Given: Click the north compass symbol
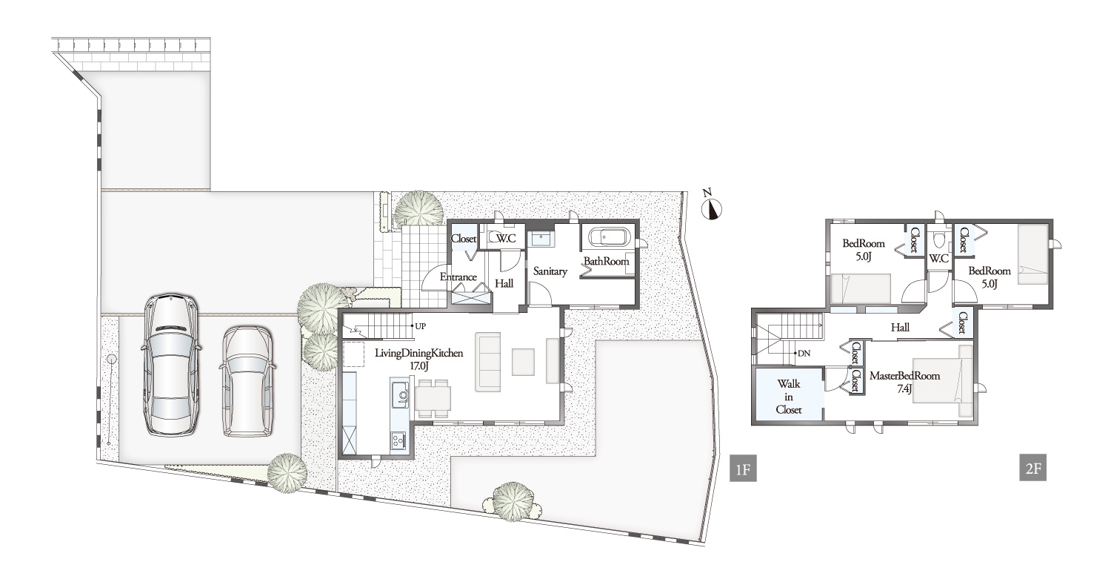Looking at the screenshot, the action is pyautogui.click(x=711, y=208).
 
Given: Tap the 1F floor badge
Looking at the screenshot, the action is pyautogui.click(x=743, y=469).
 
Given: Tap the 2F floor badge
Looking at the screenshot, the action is pyautogui.click(x=1032, y=467).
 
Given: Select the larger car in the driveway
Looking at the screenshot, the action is pyautogui.click(x=170, y=366).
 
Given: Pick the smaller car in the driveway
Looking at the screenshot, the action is pyautogui.click(x=247, y=381).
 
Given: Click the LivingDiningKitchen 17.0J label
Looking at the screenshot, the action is pyautogui.click(x=418, y=360).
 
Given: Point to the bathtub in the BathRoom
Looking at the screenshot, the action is pyautogui.click(x=609, y=238).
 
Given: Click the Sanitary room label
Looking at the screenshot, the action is pyautogui.click(x=550, y=271).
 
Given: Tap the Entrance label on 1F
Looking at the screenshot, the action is pyautogui.click(x=458, y=277).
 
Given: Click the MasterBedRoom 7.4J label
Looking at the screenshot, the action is pyautogui.click(x=904, y=382).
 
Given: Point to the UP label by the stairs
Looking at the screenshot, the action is pyautogui.click(x=420, y=326).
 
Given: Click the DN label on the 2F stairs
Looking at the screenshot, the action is pyautogui.click(x=804, y=353).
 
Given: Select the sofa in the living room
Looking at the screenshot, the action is pyautogui.click(x=488, y=362).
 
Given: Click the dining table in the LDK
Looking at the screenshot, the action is pyautogui.click(x=433, y=398).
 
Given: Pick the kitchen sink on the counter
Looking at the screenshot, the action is pyautogui.click(x=401, y=395).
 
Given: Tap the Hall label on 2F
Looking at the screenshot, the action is pyautogui.click(x=900, y=327).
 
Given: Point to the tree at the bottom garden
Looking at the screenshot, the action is pyautogui.click(x=513, y=501).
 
